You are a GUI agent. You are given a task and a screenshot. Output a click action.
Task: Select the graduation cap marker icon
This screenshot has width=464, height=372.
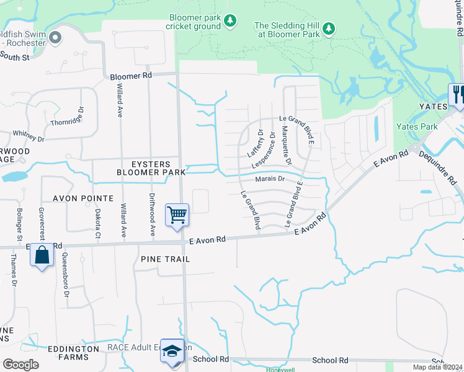[x=172, y=350]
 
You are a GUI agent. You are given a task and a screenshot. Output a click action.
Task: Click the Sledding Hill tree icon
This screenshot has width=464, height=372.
[x=328, y=29]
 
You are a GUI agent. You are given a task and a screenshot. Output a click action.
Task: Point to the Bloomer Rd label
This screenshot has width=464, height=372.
[x=130, y=76]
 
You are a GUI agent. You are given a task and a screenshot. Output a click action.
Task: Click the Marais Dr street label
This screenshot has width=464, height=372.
[x=269, y=179]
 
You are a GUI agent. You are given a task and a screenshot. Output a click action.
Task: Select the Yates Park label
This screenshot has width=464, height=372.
[x=419, y=127]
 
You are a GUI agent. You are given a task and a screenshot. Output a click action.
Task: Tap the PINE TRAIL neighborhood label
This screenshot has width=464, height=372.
[x=164, y=259]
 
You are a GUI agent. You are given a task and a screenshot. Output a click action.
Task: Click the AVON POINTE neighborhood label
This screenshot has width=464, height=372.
[x=83, y=198]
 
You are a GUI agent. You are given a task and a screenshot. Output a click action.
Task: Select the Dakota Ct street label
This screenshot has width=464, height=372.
[x=97, y=223]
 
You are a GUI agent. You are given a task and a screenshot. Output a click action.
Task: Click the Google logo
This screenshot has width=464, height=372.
[x=20, y=365]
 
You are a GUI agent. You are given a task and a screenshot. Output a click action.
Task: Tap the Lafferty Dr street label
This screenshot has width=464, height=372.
[x=255, y=143]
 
